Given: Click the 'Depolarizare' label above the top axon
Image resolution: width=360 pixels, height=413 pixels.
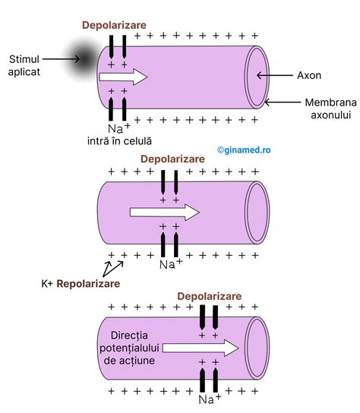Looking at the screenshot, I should click(x=114, y=24).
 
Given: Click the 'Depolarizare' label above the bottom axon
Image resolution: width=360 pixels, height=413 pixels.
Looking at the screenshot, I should click(x=210, y=295).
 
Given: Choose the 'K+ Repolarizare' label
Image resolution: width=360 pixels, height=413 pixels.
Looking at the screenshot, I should click(x=81, y=283).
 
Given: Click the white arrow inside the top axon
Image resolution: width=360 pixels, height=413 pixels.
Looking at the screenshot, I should click(x=123, y=76).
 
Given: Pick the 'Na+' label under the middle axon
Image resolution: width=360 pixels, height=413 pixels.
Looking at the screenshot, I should click(x=169, y=263).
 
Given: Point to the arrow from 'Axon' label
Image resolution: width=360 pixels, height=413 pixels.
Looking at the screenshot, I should click(x=277, y=76).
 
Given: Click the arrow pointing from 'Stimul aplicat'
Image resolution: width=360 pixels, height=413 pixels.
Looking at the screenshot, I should click(x=62, y=58).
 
